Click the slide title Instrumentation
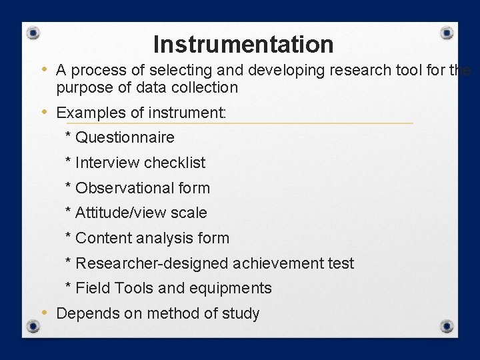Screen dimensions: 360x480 point(243,45)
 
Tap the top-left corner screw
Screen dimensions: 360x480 point(33,33)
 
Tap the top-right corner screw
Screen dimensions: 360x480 point(447,33)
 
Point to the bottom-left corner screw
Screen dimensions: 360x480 point(33,326)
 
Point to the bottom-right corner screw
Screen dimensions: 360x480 point(447,326)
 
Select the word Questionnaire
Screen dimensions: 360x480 point(125,138)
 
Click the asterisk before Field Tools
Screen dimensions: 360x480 point(69,287)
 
